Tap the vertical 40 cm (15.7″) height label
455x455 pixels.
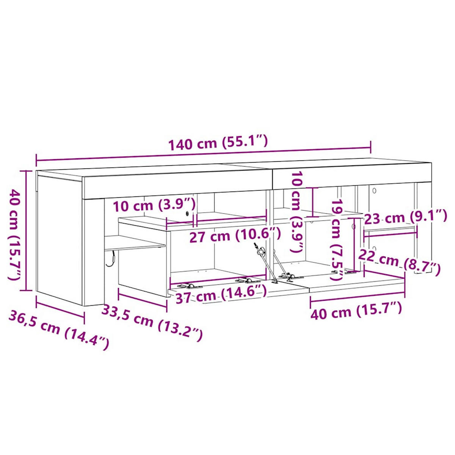(x=14, y=235)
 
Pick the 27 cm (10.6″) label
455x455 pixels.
(x=235, y=236)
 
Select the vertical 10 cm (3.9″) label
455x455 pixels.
(x=297, y=212)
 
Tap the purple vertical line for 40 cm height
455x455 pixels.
(x=26, y=231)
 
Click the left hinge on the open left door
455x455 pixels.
(x=188, y=285)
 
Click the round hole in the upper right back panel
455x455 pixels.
(x=373, y=190)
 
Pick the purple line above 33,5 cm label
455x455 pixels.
(x=143, y=297)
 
